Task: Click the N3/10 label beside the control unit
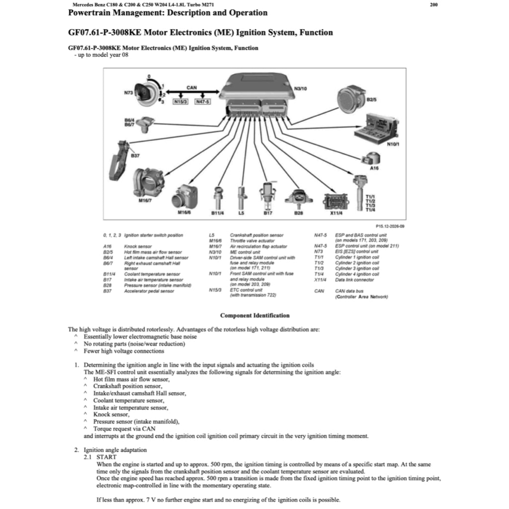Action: (301, 88)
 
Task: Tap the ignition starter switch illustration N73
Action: (147, 93)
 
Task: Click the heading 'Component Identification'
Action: (254, 315)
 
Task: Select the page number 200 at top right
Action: (433, 4)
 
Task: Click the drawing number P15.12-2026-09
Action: (390, 226)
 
